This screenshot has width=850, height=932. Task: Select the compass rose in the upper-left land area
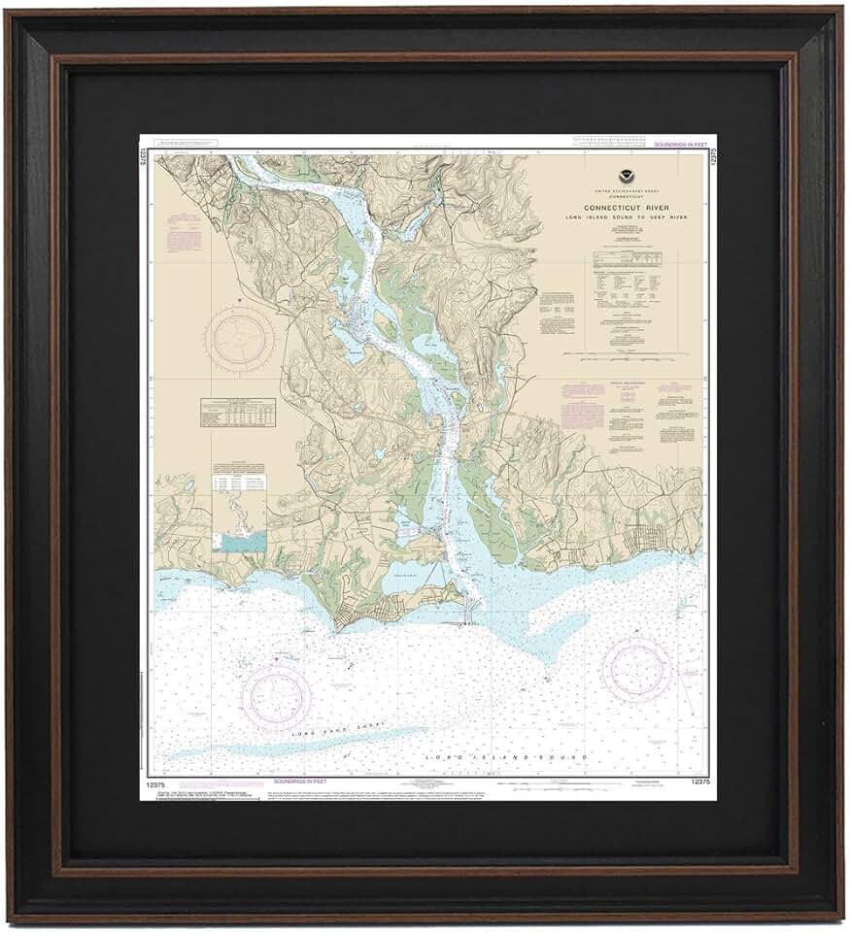239,337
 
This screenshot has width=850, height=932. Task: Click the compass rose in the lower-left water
277,696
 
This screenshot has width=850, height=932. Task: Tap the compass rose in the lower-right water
636,671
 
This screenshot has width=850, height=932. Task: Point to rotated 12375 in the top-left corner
145,156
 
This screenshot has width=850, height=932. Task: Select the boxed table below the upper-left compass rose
237,412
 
